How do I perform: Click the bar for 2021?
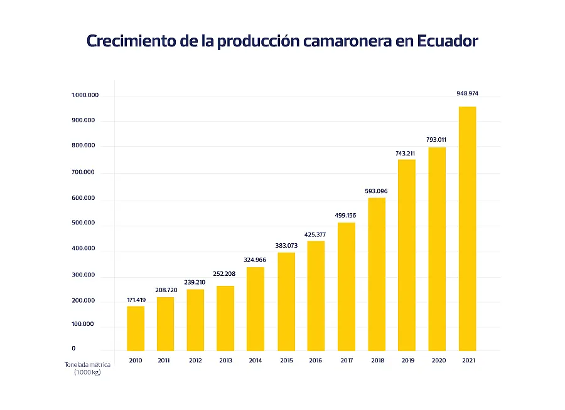point(467,229)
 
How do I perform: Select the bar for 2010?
point(136,329)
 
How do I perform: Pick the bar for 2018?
point(377,274)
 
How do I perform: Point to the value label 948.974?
point(467,93)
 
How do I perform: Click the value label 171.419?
point(136,300)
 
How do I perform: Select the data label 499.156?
point(347,215)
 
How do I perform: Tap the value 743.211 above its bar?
point(407,153)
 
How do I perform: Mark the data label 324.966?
point(256,260)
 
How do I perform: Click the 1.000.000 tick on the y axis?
point(85,95)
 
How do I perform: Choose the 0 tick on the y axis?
point(73,348)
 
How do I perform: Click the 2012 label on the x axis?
point(196,360)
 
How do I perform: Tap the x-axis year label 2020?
point(437,360)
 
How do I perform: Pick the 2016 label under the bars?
point(316,360)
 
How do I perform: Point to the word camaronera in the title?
point(339,41)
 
